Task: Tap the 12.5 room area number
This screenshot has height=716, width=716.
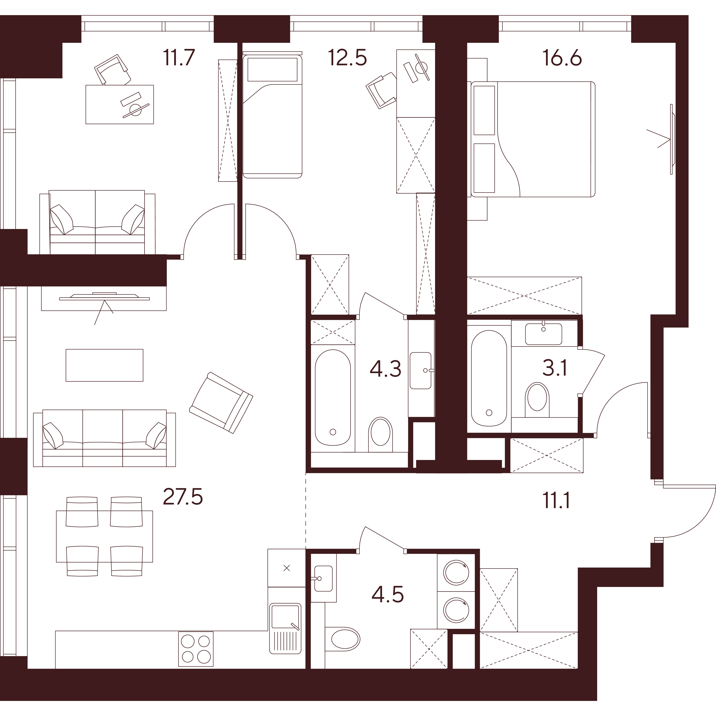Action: pos(347,58)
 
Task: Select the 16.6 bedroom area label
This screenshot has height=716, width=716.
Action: pos(562,58)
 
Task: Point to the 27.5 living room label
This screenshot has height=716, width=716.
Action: pos(183,497)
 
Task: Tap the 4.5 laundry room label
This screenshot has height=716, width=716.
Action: pos(387,595)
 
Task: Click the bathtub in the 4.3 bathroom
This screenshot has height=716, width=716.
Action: pos(333,397)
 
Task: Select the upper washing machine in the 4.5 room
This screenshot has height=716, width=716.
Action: pos(456,572)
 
